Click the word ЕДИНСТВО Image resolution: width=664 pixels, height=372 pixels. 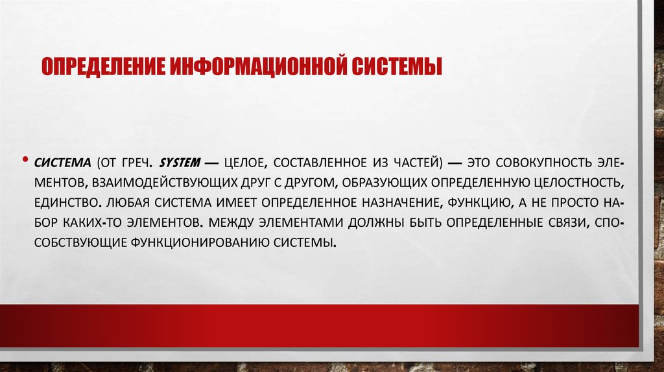(65, 202)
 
